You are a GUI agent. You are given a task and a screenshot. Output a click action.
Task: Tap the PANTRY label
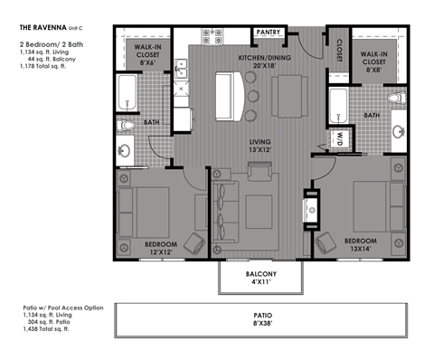click(268, 33)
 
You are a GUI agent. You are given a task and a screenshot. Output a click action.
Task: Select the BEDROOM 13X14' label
click(363, 245)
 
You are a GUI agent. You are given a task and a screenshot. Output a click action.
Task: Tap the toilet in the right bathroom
click(395, 98)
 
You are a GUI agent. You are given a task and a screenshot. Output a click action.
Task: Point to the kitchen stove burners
click(214, 36)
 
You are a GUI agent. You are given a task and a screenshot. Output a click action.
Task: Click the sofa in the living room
click(225, 206)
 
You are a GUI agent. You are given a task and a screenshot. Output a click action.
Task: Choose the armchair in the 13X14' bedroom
click(325, 242)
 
